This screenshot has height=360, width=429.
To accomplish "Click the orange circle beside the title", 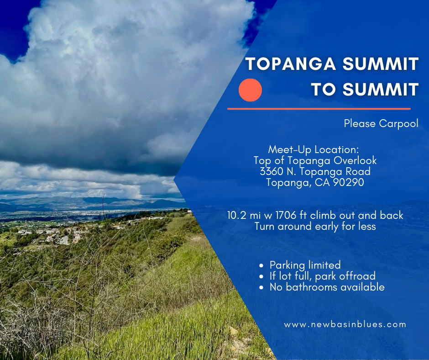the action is (250, 90).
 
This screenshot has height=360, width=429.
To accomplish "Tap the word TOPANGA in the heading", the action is (291, 64).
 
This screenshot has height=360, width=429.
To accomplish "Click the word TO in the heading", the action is (323, 90).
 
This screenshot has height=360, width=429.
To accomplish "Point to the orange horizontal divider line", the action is (319, 109).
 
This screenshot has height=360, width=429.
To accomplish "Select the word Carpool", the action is (398, 123).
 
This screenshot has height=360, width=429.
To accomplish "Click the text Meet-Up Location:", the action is (313, 149).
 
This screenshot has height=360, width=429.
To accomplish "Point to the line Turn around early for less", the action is (315, 227).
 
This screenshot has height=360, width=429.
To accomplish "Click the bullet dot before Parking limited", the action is (262, 265).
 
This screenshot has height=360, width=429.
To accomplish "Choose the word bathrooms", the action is (312, 287).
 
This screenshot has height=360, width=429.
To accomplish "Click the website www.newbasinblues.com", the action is (345, 325).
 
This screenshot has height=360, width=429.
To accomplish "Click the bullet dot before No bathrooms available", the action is (262, 288).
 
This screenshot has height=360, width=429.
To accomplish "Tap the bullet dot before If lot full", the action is (262, 277).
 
